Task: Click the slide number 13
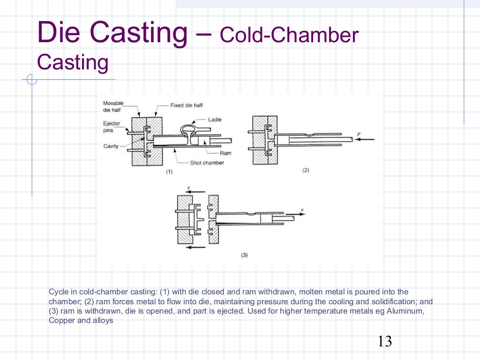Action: click(x=384, y=341)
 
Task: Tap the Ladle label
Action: click(x=215, y=120)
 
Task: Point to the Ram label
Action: click(x=225, y=153)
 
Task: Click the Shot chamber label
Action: click(x=207, y=163)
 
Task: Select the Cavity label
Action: click(x=111, y=146)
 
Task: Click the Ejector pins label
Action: click(x=112, y=127)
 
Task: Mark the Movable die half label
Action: click(x=113, y=106)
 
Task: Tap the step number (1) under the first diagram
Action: click(x=169, y=172)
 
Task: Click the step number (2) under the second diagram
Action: click(x=305, y=170)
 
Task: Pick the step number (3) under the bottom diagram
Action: click(x=244, y=255)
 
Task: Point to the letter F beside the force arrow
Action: click(x=359, y=135)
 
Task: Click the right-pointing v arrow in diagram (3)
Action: click(x=295, y=214)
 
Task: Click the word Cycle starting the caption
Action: click(x=58, y=292)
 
